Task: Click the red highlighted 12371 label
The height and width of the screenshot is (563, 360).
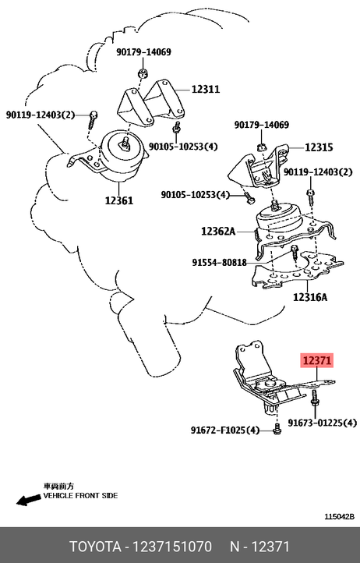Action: click(x=317, y=360)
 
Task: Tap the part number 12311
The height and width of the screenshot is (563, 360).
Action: click(x=205, y=89)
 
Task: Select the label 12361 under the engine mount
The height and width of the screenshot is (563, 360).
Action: click(x=119, y=200)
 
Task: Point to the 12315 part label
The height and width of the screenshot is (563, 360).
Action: click(x=319, y=147)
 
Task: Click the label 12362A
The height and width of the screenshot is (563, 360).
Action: click(x=218, y=231)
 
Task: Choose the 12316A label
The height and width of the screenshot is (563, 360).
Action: click(x=310, y=297)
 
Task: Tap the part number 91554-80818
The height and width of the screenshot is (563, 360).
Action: click(x=219, y=263)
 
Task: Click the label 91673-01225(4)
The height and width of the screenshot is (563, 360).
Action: click(x=323, y=423)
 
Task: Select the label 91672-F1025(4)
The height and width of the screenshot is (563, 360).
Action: click(x=225, y=430)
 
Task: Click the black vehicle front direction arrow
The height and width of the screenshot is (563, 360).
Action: click(x=28, y=499)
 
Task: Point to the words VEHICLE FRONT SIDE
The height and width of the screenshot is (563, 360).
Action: click(x=80, y=495)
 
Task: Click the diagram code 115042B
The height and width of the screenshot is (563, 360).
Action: click(x=340, y=517)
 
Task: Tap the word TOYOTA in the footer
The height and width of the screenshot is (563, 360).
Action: click(x=95, y=547)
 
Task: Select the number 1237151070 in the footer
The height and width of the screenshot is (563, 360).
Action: click(x=172, y=547)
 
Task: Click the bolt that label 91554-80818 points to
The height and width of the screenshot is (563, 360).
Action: click(x=295, y=253)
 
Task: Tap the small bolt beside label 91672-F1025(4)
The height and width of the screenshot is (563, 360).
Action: click(x=277, y=429)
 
